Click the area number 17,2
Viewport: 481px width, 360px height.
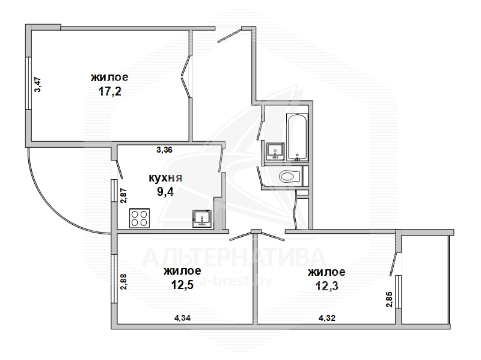point(110,91)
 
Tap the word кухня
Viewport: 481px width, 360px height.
point(166,178)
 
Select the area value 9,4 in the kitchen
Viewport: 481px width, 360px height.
point(165,192)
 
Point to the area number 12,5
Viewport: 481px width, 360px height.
point(182,285)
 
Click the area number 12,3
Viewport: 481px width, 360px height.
point(326,286)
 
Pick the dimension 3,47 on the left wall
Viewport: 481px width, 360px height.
point(38,85)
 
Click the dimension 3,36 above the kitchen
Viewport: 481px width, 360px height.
point(164,150)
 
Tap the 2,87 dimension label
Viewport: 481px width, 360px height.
point(124,196)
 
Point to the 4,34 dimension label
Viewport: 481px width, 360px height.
point(183,319)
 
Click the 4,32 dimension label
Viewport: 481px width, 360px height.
point(327,319)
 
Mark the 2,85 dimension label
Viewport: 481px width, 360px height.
point(388,299)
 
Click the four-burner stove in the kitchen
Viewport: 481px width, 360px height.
point(139,218)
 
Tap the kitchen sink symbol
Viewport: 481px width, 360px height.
point(202,219)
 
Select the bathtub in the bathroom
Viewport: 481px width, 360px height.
point(297,137)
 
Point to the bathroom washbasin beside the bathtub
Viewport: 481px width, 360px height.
point(275,151)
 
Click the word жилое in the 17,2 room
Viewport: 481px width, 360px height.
point(109,78)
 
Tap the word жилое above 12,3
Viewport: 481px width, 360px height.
point(326,272)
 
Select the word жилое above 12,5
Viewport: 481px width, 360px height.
point(183,271)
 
